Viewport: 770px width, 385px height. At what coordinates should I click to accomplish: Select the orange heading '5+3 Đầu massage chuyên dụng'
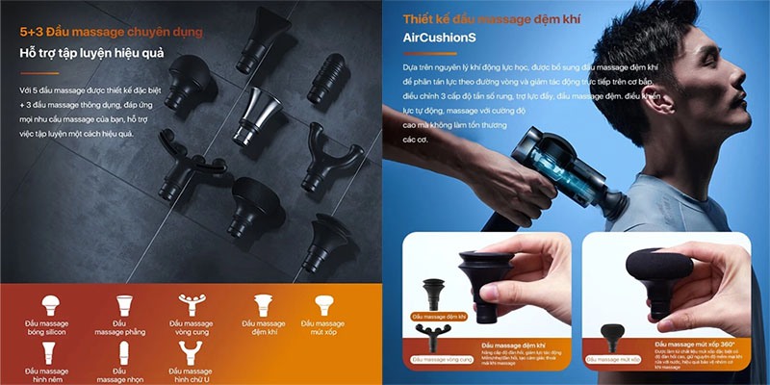point(111,32)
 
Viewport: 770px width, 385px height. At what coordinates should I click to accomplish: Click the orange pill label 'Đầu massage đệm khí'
point(438,316)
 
